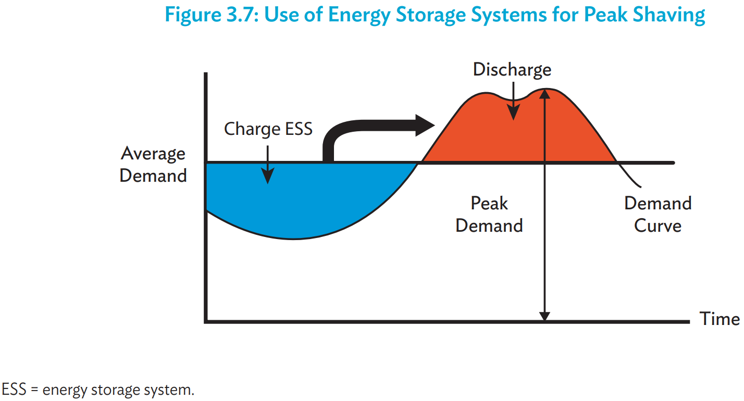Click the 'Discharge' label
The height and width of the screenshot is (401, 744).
click(x=512, y=70)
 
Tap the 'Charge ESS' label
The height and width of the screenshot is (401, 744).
click(x=268, y=129)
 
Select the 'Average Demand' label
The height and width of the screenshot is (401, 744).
click(x=153, y=165)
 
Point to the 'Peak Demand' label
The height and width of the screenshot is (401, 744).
click(x=489, y=215)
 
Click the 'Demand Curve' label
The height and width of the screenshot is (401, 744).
click(x=658, y=215)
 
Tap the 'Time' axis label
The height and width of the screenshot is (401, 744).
click(x=720, y=319)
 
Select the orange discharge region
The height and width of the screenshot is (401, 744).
click(x=518, y=133)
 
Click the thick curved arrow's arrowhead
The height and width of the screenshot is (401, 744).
click(x=425, y=126)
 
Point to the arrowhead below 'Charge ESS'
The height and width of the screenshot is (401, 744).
click(x=267, y=176)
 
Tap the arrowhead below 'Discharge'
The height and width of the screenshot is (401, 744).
click(x=514, y=112)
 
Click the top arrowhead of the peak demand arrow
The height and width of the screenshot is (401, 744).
click(x=545, y=94)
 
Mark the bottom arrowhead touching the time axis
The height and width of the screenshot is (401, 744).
click(x=545, y=316)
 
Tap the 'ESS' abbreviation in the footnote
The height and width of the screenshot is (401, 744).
click(x=14, y=389)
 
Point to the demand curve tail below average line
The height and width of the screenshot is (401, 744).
click(x=629, y=176)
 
